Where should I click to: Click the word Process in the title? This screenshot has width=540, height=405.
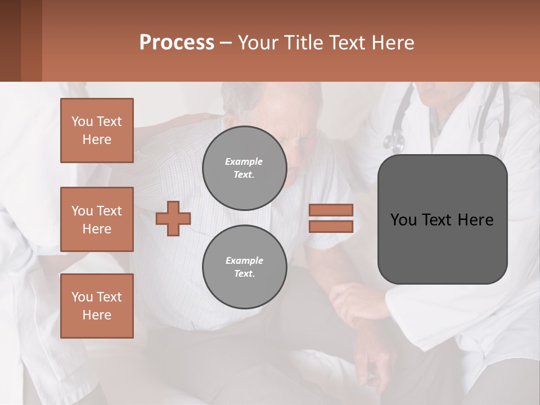[177, 42]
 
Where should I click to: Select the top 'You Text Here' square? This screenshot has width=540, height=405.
[97, 130]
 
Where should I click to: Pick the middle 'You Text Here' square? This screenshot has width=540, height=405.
[97, 219]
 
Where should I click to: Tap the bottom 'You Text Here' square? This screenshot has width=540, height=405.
[97, 306]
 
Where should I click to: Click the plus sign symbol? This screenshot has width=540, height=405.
[173, 218]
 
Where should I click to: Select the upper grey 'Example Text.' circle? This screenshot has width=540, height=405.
[244, 168]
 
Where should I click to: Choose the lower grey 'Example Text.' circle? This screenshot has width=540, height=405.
[244, 267]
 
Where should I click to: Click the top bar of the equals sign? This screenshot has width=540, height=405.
[331, 210]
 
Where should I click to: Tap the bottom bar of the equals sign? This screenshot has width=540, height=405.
[331, 226]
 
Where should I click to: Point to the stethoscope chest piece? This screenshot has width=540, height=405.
[394, 139]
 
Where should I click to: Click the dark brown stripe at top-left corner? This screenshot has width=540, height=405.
[10, 40]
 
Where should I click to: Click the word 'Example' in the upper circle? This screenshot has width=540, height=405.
[244, 161]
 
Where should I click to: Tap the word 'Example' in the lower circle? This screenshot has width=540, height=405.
[244, 260]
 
